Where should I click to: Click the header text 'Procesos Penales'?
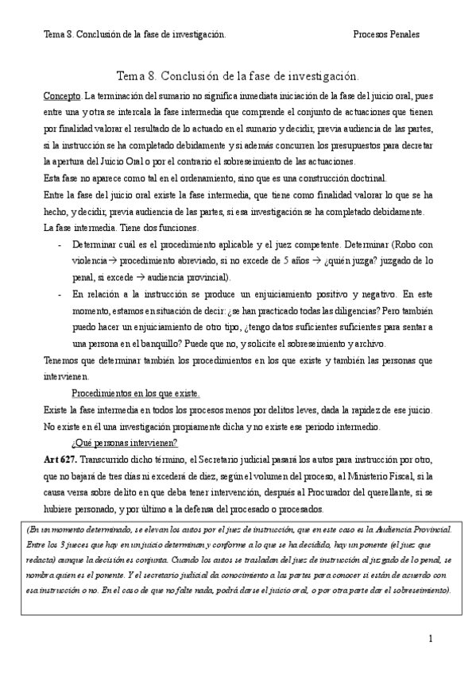385,35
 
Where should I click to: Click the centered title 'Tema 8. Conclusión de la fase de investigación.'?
238,76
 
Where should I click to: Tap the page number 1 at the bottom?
430,638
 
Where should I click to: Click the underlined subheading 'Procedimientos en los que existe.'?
135,394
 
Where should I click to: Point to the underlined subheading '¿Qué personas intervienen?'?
124,442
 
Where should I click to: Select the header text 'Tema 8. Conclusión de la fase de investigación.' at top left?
134,35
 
